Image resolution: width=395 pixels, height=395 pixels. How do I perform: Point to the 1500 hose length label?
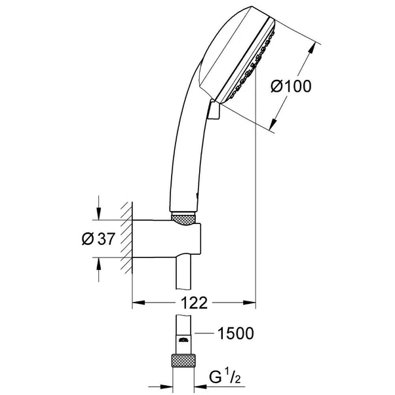point(235,334)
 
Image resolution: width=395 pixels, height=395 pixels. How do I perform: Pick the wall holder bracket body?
point(170,241)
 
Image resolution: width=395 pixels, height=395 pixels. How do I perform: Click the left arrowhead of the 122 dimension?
point(138,303)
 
